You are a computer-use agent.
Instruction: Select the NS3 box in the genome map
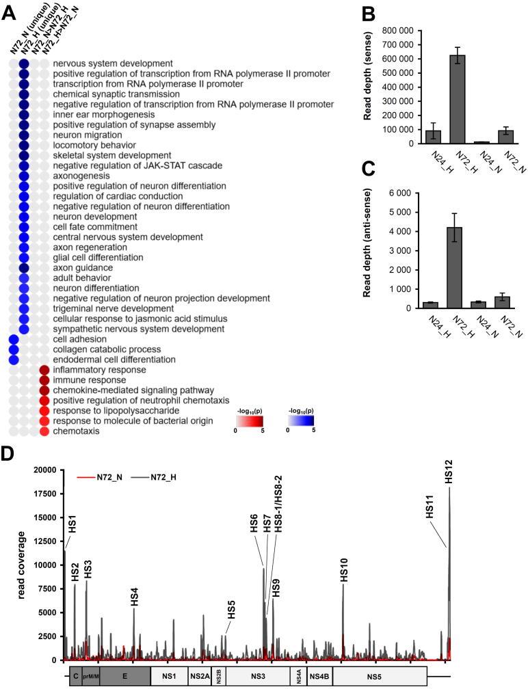coord(258,676)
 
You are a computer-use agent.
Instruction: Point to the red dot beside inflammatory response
coord(44,370)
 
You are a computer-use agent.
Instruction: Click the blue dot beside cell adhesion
coord(13,339)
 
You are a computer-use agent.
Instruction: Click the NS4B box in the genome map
coord(319,676)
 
